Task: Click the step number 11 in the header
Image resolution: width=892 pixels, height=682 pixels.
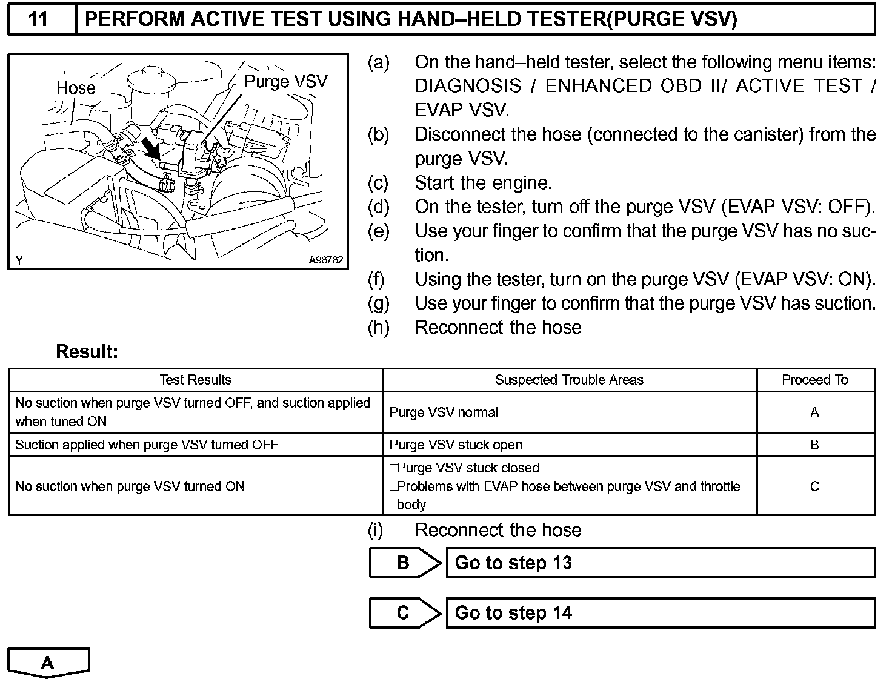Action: click(38, 19)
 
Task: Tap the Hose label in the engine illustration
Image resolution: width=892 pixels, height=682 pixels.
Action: click(76, 88)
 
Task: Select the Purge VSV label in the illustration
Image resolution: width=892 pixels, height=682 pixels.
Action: click(285, 82)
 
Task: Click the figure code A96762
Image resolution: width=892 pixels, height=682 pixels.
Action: click(325, 260)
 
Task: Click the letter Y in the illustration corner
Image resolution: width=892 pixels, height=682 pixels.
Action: click(20, 260)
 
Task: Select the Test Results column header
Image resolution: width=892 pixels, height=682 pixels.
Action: click(195, 380)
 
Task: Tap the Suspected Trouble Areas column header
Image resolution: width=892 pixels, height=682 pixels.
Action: click(569, 380)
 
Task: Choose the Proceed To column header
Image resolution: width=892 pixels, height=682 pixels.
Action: click(814, 380)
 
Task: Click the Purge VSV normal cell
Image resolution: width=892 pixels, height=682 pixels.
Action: click(444, 412)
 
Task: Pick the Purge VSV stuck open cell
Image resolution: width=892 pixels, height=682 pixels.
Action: click(456, 445)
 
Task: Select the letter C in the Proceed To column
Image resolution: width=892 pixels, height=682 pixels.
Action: click(814, 486)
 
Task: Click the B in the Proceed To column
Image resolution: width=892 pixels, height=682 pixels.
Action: click(814, 445)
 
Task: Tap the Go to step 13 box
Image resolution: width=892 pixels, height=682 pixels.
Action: click(661, 563)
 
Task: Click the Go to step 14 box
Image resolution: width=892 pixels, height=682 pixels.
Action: click(661, 613)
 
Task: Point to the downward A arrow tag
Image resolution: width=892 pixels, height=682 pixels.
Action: click(48, 663)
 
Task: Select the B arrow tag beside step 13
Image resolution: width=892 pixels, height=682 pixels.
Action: click(404, 563)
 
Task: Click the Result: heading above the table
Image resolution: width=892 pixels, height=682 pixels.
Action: click(87, 351)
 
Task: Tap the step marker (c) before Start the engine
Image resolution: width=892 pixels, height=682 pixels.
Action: click(378, 182)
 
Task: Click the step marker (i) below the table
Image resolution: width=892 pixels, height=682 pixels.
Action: click(376, 530)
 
